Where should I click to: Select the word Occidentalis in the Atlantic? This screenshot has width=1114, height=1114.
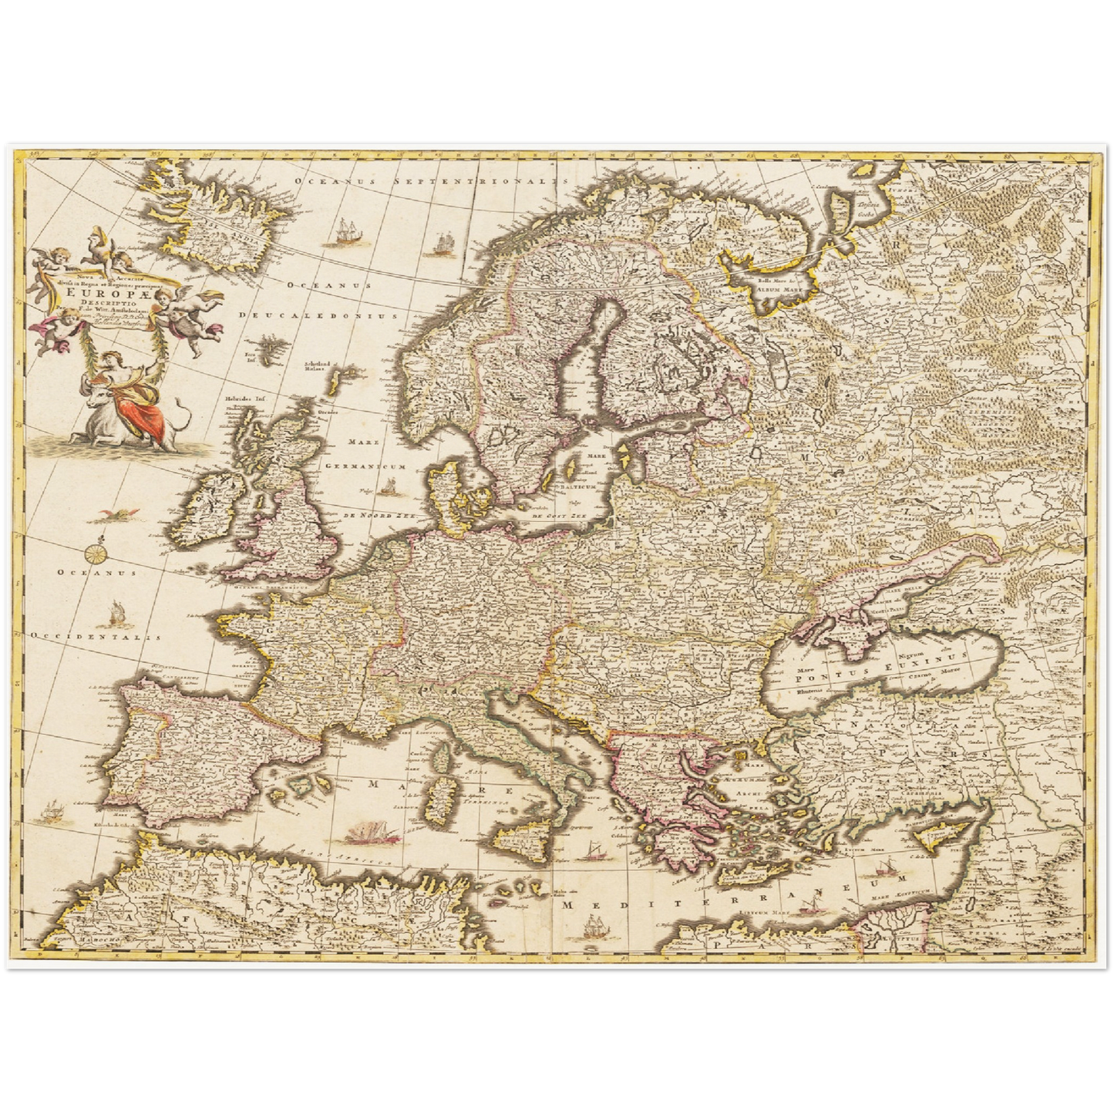tap(96, 636)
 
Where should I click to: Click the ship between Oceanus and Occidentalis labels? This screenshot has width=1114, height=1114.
tap(116, 612)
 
